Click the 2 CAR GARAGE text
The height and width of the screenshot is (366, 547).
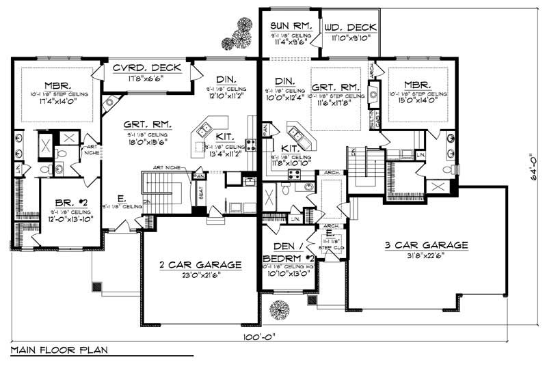(x=200, y=264)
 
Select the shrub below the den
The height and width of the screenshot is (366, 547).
(x=279, y=309)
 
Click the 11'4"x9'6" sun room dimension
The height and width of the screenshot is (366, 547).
(x=291, y=40)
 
